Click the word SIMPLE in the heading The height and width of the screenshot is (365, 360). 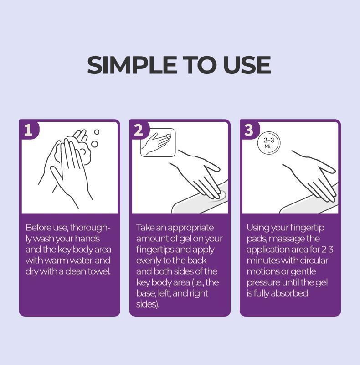pos(132,65)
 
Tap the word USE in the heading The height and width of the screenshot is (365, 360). pos(247,65)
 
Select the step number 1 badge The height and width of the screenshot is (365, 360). pos(28,130)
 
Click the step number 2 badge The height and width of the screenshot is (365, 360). pos(139,130)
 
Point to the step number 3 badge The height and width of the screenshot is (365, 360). pos(249,130)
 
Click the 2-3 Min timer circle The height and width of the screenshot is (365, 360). pos(269,143)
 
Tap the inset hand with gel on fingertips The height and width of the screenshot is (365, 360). pos(158,142)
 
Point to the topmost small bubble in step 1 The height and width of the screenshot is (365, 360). pos(97,132)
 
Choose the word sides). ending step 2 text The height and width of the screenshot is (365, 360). pos(148,304)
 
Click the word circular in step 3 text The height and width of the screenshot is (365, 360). pos(314,261)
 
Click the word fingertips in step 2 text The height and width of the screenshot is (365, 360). pos(155,250)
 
